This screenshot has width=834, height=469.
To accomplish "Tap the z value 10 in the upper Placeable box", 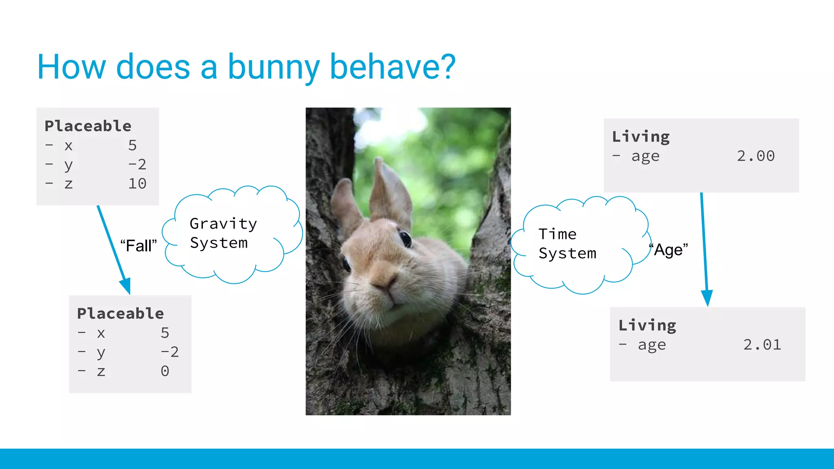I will pyautogui.click(x=137, y=184).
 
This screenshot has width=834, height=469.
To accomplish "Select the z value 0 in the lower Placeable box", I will pyautogui.click(x=165, y=371).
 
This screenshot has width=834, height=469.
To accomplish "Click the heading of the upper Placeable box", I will pyautogui.click(x=88, y=126).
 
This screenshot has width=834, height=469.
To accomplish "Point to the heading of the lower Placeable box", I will pyautogui.click(x=121, y=313).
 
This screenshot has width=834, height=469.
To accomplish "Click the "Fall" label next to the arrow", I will pyautogui.click(x=138, y=245).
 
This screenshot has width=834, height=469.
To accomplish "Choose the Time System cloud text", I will pyautogui.click(x=567, y=244).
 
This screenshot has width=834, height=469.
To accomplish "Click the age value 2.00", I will pyautogui.click(x=755, y=156).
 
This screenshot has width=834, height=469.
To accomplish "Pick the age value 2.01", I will pyautogui.click(x=762, y=345).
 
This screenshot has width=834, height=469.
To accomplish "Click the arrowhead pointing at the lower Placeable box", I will pyautogui.click(x=126, y=285).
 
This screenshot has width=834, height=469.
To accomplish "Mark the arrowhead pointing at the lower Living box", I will pyautogui.click(x=707, y=297).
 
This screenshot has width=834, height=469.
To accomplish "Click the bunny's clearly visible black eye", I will pyautogui.click(x=405, y=239).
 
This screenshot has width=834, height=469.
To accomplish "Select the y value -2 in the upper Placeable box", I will pyautogui.click(x=137, y=164).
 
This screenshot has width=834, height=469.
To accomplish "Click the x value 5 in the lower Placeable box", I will pyautogui.click(x=165, y=333).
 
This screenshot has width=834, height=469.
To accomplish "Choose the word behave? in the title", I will pyautogui.click(x=393, y=67).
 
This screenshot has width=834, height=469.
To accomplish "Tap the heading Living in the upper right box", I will pyautogui.click(x=641, y=137).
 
